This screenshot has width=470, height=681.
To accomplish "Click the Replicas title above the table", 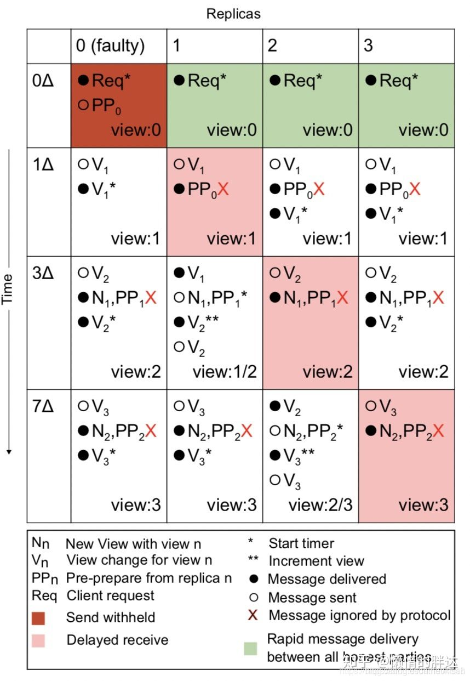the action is [233, 14].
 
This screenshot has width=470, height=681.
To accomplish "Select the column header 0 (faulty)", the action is [110, 45].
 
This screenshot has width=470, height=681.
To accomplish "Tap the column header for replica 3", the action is [368, 45].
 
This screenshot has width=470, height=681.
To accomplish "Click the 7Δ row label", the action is [43, 408].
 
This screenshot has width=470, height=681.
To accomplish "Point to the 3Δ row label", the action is [43, 273].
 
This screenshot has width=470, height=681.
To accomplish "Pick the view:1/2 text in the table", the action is [225, 371].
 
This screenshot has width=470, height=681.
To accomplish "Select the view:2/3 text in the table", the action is [320, 504].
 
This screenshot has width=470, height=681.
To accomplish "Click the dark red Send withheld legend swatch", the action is [38, 618].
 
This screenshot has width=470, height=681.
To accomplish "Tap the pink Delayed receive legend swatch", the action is [38, 640].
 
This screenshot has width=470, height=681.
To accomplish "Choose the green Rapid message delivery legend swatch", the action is [250, 648].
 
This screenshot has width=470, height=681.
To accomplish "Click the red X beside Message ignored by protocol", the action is [253, 615].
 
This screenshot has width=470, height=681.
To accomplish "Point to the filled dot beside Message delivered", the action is [253, 580].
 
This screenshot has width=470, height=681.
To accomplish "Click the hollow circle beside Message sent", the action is [253, 598].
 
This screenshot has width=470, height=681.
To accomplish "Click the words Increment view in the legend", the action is [316, 561].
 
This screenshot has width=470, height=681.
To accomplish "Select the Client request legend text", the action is [110, 595].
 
